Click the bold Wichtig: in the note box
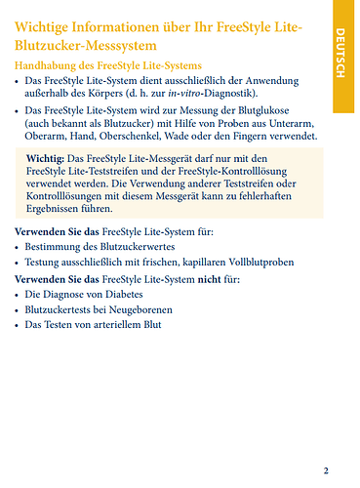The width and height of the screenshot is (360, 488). (46, 158)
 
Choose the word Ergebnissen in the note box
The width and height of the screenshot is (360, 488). (61, 209)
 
